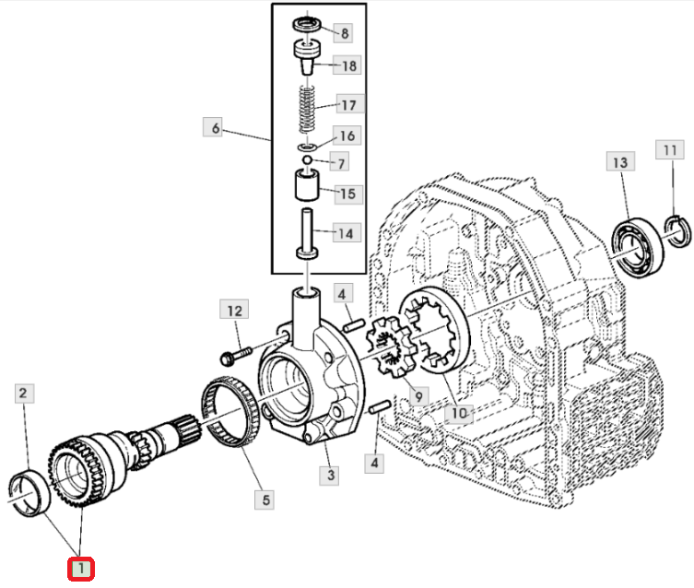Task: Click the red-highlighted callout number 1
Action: pyautogui.click(x=80, y=569)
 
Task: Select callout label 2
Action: pyautogui.click(x=24, y=393)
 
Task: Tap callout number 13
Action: pyautogui.click(x=620, y=162)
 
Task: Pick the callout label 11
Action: pyautogui.click(x=670, y=150)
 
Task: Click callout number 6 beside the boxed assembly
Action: pyautogui.click(x=215, y=128)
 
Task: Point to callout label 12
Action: pyautogui.click(x=234, y=310)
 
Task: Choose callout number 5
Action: pyautogui.click(x=265, y=500)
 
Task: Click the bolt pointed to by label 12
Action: pyautogui.click(x=235, y=356)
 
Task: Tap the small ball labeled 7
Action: pyautogui.click(x=307, y=159)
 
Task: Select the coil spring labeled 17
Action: pyautogui.click(x=307, y=109)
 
